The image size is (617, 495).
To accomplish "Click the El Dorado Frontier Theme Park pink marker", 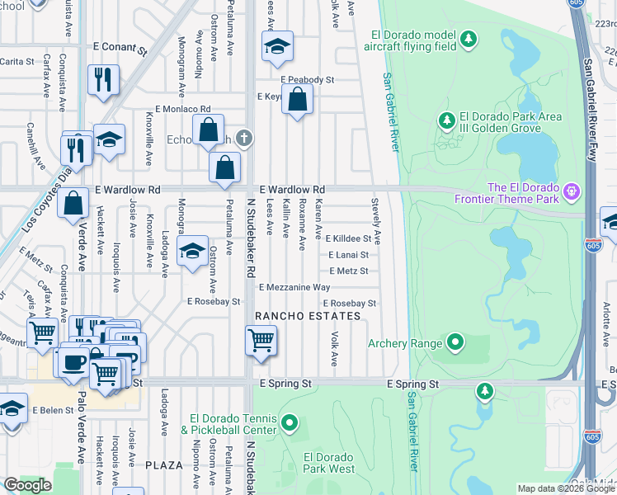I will pos(571,194).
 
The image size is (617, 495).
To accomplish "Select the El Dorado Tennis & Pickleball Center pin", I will pos(289,424).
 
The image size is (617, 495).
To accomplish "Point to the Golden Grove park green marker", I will pos(447,121).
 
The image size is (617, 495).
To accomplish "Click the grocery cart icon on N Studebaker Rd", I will pos(261,341).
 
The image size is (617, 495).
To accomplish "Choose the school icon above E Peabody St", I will pos(278,47).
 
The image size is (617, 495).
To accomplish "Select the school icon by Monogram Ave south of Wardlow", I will pos(192,253).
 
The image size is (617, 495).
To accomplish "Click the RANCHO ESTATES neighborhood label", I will pos(308,316).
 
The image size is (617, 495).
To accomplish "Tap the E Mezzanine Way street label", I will pos(294,287).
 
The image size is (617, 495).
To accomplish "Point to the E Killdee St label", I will pos(349,238).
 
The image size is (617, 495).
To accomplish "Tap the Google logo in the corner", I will pos(27,485).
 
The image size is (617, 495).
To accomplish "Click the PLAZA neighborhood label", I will pos(163,465).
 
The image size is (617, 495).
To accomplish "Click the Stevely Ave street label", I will pos(376,220).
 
